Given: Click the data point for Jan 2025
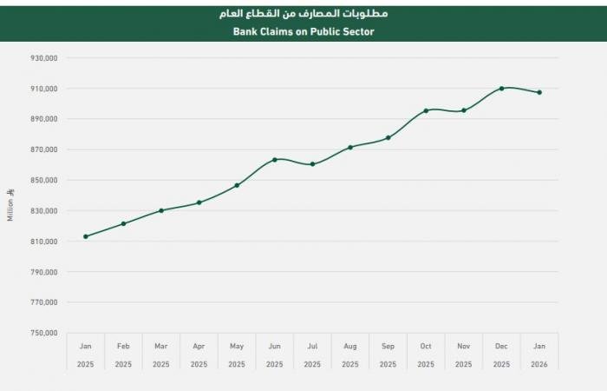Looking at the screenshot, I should click(85, 236).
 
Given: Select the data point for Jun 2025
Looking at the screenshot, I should click(275, 159).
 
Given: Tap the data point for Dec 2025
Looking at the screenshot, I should click(502, 88).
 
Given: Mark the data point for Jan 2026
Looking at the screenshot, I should click(539, 92).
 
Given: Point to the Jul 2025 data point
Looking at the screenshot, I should click(312, 163).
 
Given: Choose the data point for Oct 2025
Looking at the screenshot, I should click(426, 110).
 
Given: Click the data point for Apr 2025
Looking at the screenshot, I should click(199, 202).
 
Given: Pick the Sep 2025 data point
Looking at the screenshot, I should click(388, 137).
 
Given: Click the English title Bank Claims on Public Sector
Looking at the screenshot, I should click(303, 31).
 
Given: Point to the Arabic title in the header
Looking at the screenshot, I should click(303, 14).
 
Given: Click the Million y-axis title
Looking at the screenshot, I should click(11, 206).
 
